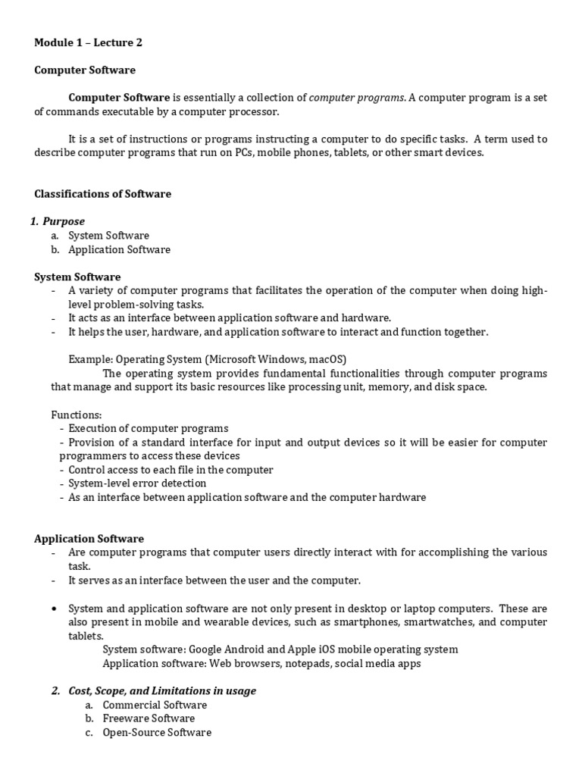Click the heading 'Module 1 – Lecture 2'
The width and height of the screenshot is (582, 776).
[x=89, y=42]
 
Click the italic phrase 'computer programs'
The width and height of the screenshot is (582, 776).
[x=358, y=98]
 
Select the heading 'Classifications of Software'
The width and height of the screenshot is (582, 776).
[x=103, y=194]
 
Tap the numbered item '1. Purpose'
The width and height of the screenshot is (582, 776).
[x=58, y=221]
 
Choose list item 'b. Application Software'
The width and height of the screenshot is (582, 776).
[x=119, y=249]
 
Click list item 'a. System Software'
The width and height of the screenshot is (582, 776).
[x=108, y=236]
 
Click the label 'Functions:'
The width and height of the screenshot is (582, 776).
[x=76, y=415]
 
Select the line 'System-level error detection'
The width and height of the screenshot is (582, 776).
[x=137, y=483]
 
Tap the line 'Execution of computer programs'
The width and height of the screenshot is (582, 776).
[x=148, y=428]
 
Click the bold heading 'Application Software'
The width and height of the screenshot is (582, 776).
[x=89, y=539]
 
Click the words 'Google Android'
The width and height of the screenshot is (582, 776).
[x=228, y=649]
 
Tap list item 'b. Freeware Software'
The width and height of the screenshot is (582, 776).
[x=149, y=718]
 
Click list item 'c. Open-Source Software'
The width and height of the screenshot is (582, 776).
[x=157, y=733]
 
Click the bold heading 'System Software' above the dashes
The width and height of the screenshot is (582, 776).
[x=77, y=277]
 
